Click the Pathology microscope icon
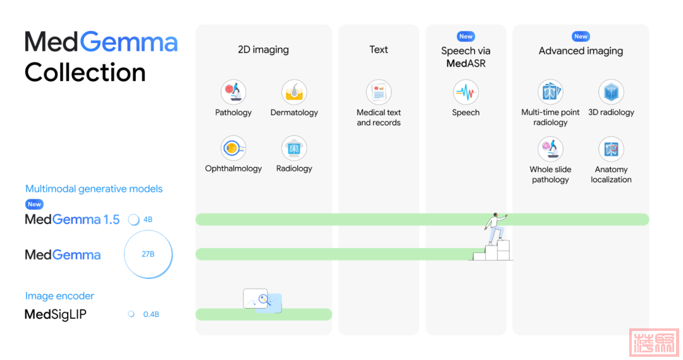233,92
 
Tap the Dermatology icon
294,92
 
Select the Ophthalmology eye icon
233,149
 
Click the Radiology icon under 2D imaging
294,149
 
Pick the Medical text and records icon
379,92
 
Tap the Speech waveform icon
466,92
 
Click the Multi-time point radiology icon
550,92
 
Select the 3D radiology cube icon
611,92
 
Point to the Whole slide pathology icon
550,149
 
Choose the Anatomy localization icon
611,149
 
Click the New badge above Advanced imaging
581,37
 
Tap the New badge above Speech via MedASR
466,37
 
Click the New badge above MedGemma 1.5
35,204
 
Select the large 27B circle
148,254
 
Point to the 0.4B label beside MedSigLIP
151,314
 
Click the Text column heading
379,49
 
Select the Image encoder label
59,295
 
